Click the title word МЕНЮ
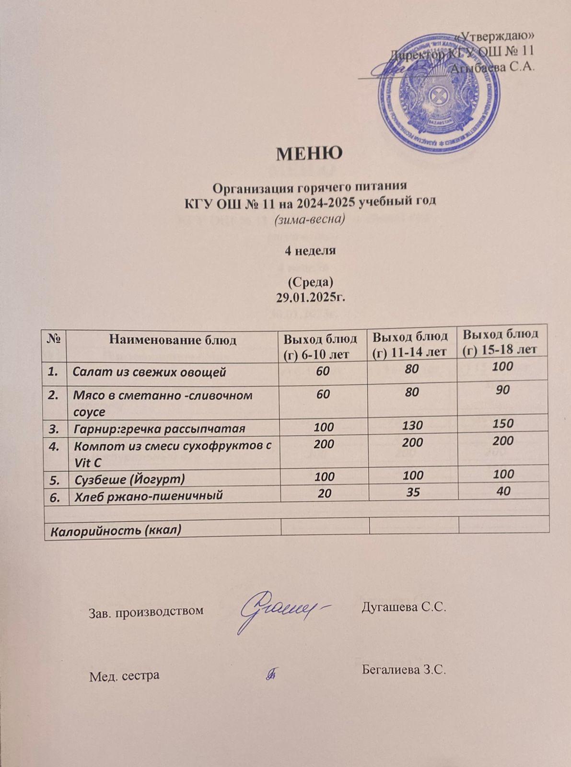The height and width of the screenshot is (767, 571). (309, 153)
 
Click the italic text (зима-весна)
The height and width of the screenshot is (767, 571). (310, 220)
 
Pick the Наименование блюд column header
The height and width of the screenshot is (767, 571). (173, 340)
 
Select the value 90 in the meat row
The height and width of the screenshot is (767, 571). (503, 390)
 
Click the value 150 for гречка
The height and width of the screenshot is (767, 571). (503, 423)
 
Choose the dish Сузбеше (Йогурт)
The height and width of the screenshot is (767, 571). (129, 479)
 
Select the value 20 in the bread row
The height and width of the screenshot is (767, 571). (325, 493)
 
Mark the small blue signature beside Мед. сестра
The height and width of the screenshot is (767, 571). (272, 674)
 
